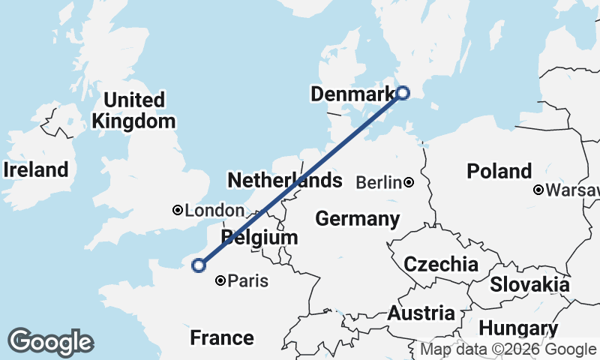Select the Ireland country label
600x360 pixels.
click(x=35, y=170)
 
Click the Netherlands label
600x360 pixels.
click(x=284, y=181)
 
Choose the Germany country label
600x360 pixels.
click(x=357, y=219)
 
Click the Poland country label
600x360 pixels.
click(x=499, y=171)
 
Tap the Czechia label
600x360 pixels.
click(x=441, y=264)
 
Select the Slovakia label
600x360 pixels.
click(x=529, y=285)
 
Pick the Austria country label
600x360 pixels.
click(x=421, y=313)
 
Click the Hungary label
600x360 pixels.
click(x=518, y=328)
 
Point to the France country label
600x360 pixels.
click(x=222, y=337)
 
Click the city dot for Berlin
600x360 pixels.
click(x=409, y=182)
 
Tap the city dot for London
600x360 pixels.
click(x=178, y=211)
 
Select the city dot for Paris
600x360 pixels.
click(x=220, y=281)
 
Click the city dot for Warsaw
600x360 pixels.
click(x=538, y=190)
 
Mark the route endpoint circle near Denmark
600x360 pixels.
click(x=403, y=93)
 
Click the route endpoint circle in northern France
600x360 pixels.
click(x=199, y=265)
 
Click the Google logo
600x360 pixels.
click(x=50, y=342)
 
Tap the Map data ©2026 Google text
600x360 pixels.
click(x=508, y=349)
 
